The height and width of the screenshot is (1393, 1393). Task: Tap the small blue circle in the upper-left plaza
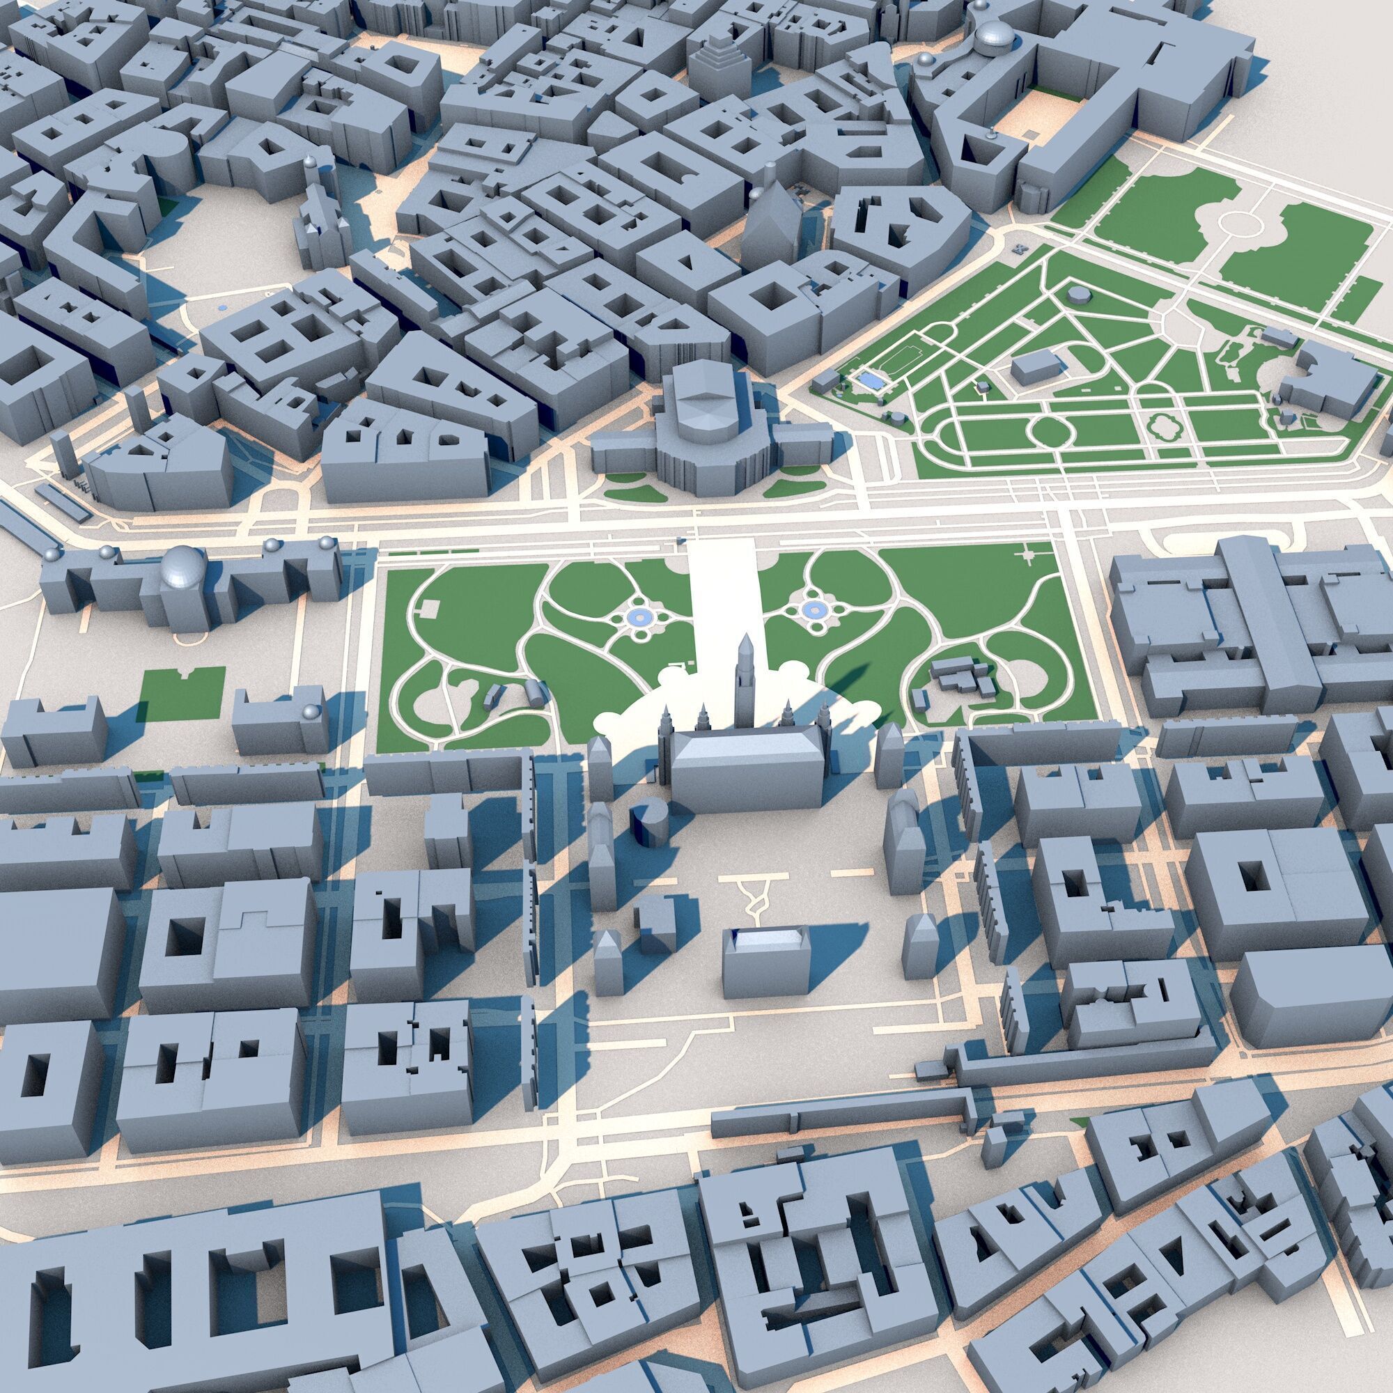[223, 308]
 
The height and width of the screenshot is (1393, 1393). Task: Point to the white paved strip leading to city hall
[721, 598]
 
